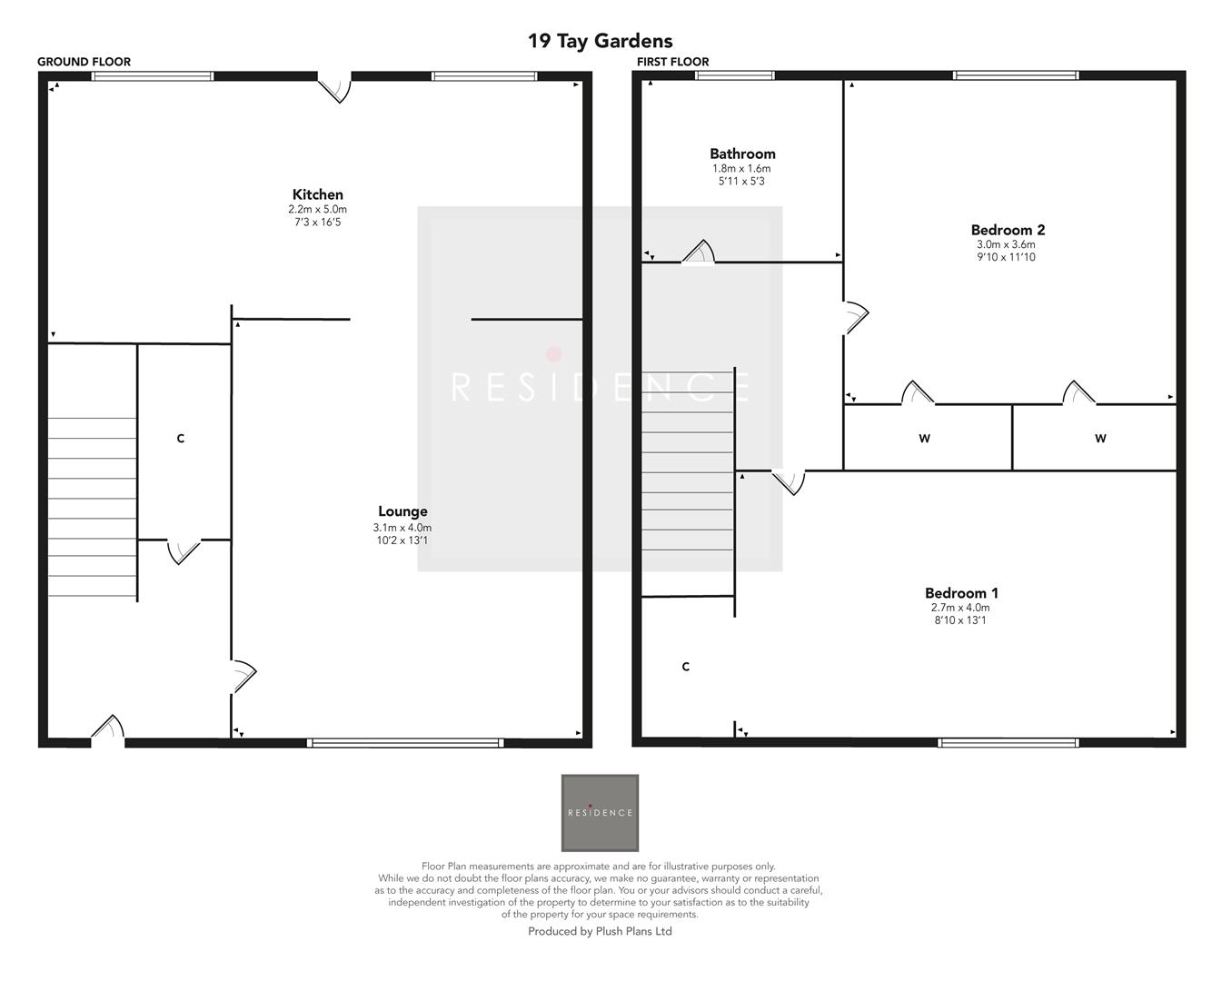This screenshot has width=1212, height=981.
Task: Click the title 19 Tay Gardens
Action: tap(600, 41)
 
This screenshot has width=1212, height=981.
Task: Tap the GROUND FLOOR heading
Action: tap(84, 62)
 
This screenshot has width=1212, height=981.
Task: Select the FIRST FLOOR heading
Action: tap(672, 62)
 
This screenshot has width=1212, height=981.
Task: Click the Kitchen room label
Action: tap(318, 194)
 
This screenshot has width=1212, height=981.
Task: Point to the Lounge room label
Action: tap(402, 511)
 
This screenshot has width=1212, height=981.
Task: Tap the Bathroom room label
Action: tap(742, 154)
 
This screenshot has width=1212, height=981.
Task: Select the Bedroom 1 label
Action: tap(961, 593)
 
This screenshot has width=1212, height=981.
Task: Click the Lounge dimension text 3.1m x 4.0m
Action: tap(402, 528)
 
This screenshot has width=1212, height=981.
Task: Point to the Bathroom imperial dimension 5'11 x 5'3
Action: tap(742, 182)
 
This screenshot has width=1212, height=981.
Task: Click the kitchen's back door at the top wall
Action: tap(335, 87)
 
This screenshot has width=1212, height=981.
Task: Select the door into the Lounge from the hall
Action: tap(243, 674)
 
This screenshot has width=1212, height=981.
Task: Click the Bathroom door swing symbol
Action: tap(699, 253)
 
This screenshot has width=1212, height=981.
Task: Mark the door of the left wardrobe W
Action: tap(917, 393)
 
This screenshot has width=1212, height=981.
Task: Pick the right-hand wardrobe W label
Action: tap(1100, 439)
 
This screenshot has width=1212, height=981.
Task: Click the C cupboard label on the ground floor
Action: tap(180, 439)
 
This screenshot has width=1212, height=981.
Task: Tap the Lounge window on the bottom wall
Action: tap(405, 742)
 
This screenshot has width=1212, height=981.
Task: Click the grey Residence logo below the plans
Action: tap(600, 813)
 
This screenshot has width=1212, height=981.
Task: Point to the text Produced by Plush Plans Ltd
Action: tap(600, 931)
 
